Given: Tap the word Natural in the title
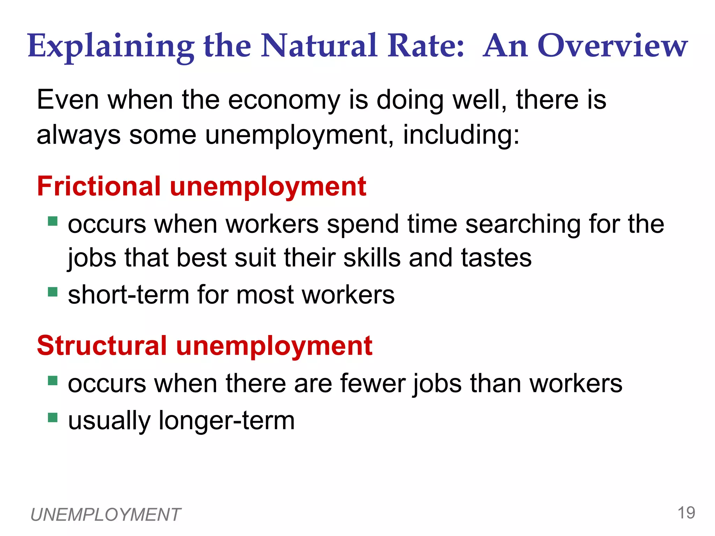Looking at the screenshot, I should (x=319, y=46).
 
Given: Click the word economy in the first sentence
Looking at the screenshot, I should (x=284, y=100).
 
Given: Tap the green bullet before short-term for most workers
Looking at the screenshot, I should (x=53, y=291).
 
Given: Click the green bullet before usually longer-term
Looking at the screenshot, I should (x=53, y=417).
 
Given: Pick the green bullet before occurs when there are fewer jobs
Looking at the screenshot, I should (x=53, y=380).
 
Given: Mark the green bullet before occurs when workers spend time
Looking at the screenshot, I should (x=53, y=221).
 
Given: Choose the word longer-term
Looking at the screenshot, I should (x=227, y=420).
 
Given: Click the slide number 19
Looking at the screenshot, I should (x=686, y=513).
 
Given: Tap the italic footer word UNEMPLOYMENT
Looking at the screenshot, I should (x=105, y=515).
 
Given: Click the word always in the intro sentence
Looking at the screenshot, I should (x=79, y=136).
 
